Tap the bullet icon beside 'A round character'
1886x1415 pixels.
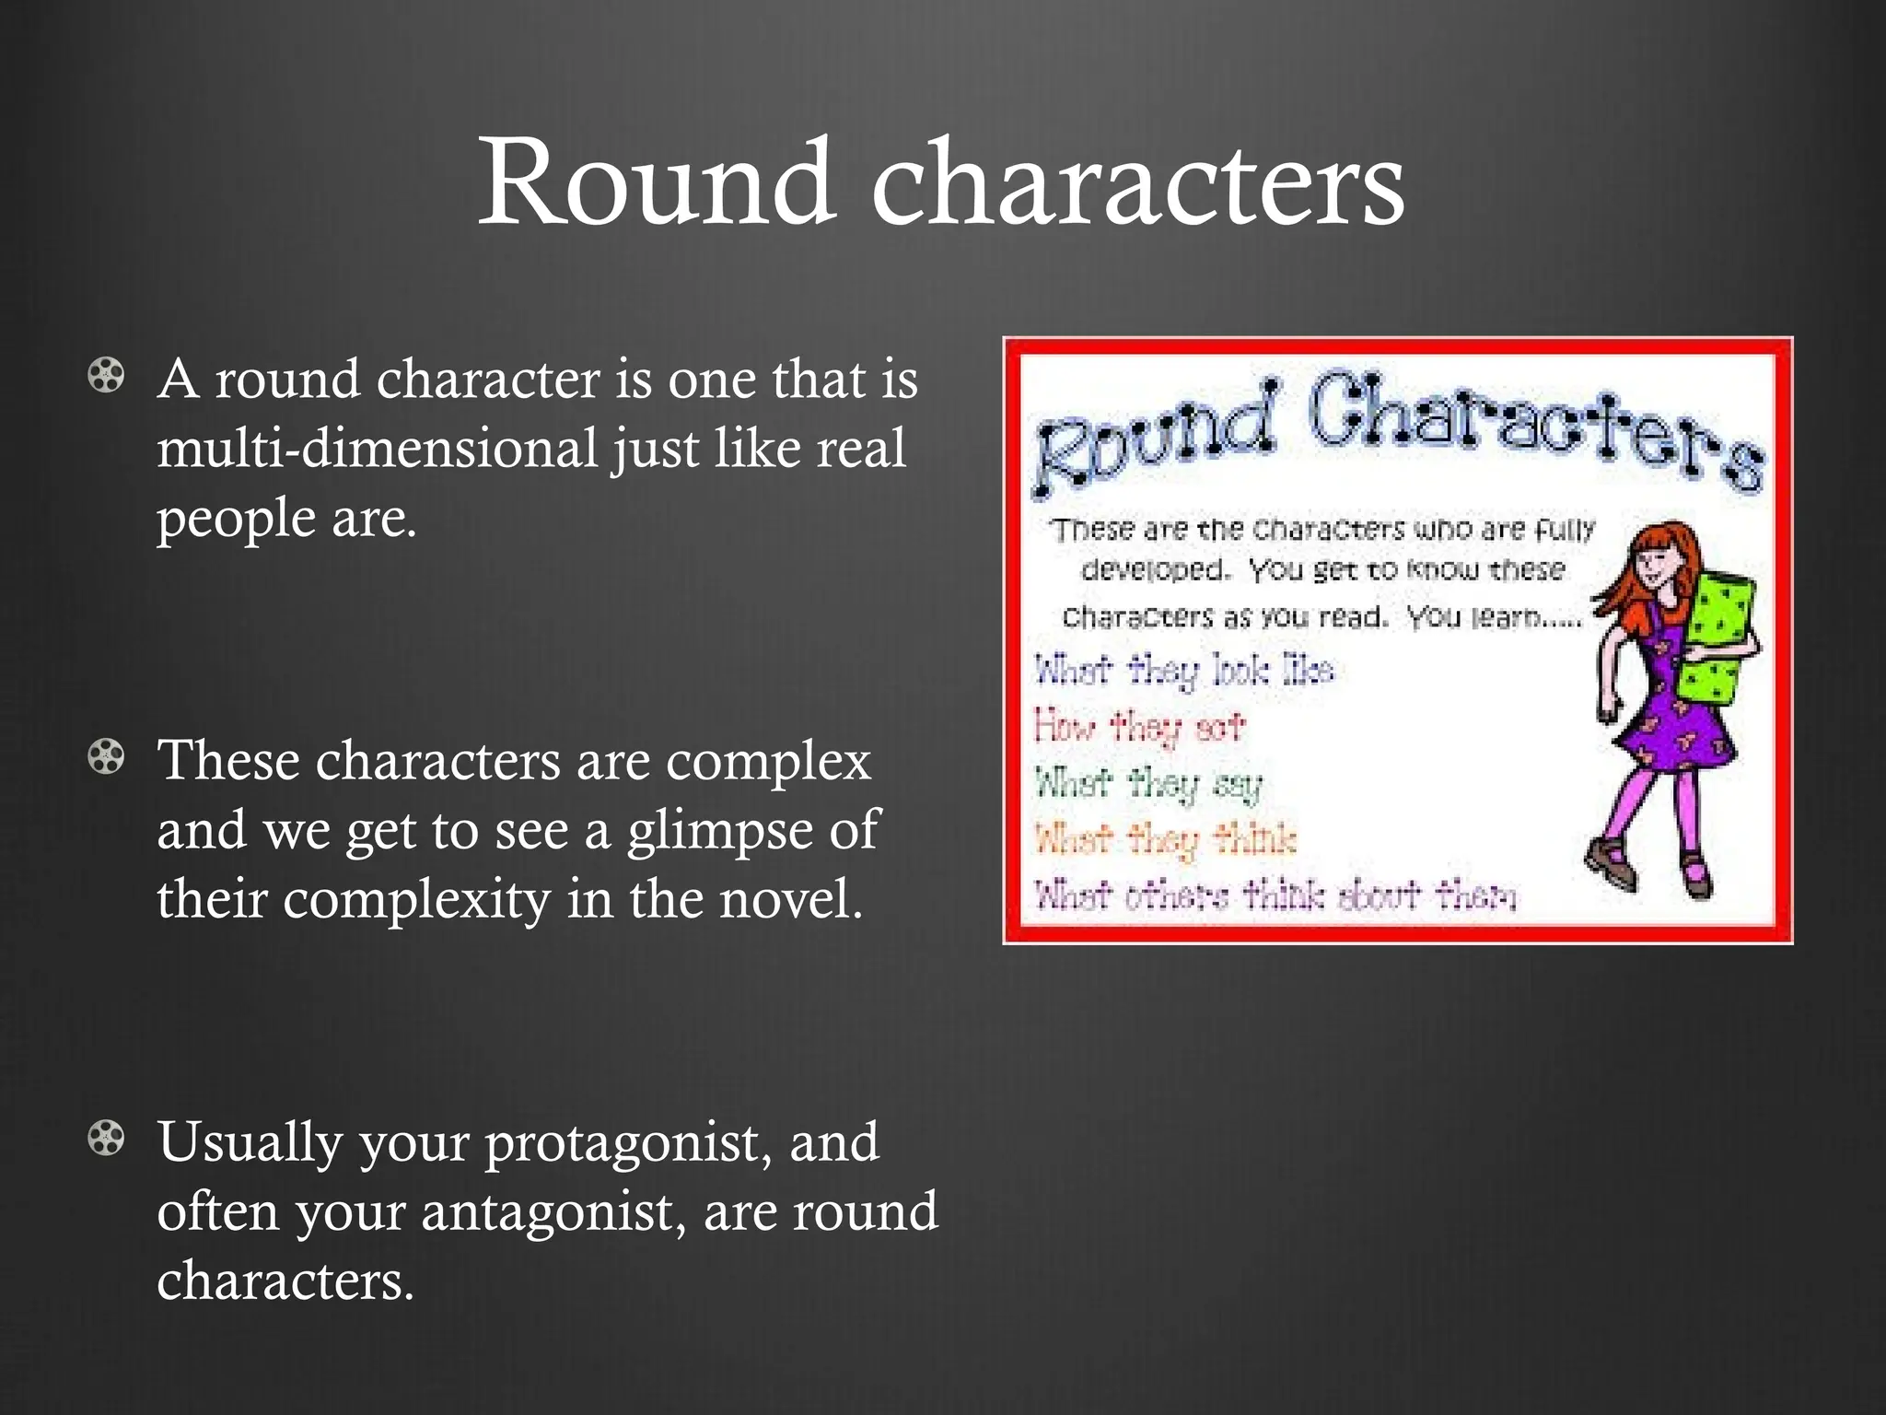tap(106, 376)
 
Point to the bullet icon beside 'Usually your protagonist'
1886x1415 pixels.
tap(106, 1139)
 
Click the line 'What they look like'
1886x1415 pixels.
tap(1183, 671)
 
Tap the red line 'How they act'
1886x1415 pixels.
tap(1138, 727)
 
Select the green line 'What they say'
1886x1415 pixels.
tap(1147, 784)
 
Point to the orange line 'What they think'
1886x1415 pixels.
tap(1165, 839)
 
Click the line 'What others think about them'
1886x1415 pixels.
tap(1275, 895)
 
